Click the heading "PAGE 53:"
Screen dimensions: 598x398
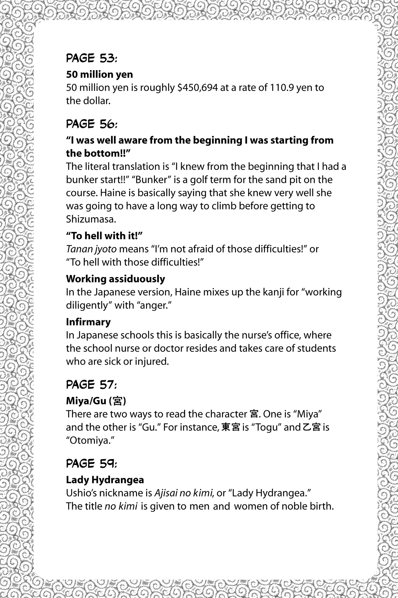(x=91, y=59)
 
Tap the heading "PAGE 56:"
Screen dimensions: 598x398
(x=91, y=124)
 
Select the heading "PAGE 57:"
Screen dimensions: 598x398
(x=91, y=385)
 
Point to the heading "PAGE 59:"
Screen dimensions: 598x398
(x=91, y=464)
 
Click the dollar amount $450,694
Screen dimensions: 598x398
(x=197, y=87)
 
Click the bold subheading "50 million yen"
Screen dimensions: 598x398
(x=99, y=74)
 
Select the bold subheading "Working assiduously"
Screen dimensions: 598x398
(x=115, y=279)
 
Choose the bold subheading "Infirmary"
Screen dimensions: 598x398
(x=88, y=322)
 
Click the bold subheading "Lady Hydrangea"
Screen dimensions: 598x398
(x=105, y=480)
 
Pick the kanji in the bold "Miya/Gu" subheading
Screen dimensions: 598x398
(x=117, y=401)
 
